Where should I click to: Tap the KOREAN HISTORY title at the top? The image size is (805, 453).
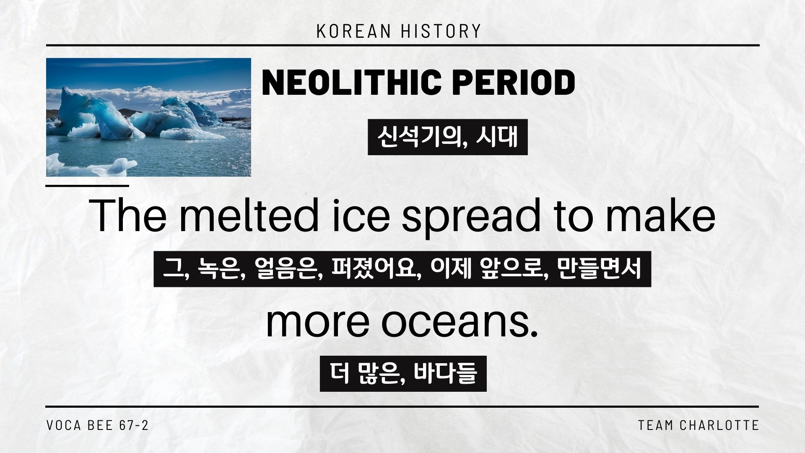399,31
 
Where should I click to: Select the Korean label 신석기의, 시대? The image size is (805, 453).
447,137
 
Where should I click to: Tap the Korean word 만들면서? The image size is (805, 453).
600,269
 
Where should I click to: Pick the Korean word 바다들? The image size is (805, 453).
446,374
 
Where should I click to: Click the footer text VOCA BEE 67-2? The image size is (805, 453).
97,425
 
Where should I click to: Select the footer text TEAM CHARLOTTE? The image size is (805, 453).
699,425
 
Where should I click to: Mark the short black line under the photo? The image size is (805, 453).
87,185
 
